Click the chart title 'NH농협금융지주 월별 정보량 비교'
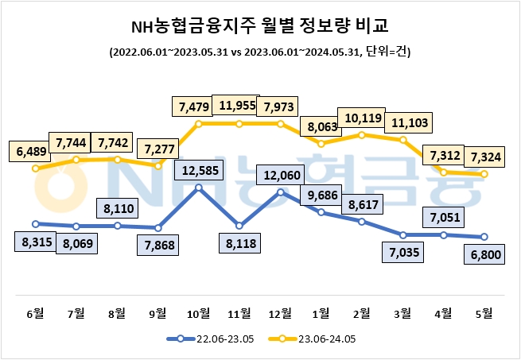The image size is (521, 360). point(260,25)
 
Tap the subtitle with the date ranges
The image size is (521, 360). point(260,52)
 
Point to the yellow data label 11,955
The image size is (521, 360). point(239,106)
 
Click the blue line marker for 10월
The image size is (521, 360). point(199,188)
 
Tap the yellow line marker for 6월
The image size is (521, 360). point(35,168)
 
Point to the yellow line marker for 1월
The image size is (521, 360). point(321,144)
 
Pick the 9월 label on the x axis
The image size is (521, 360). point(157,312)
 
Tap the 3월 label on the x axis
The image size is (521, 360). point(403,312)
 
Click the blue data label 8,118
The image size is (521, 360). point(239,246)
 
